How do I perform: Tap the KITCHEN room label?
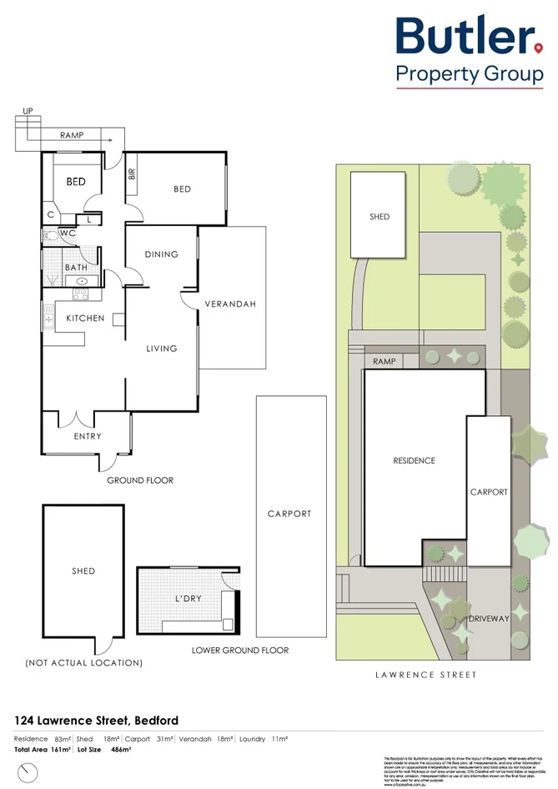pos(86,318)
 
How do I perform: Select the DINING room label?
pos(161,254)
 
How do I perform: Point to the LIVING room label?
pos(161,348)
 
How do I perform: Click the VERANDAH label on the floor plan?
pos(230,304)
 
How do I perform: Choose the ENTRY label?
pos(88,436)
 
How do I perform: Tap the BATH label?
pos(77,268)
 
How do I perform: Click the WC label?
pos(68,234)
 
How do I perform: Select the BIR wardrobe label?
pos(132,174)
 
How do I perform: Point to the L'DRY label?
pos(187,600)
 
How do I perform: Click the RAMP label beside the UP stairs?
pos(71,134)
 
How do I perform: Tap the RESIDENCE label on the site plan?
pos(415,460)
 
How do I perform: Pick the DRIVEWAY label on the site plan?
pos(489,619)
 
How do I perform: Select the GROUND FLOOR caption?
pos(140,480)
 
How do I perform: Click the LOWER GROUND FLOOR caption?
pos(240,651)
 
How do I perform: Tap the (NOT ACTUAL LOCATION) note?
pos(83,663)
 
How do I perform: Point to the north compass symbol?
pos(28,771)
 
